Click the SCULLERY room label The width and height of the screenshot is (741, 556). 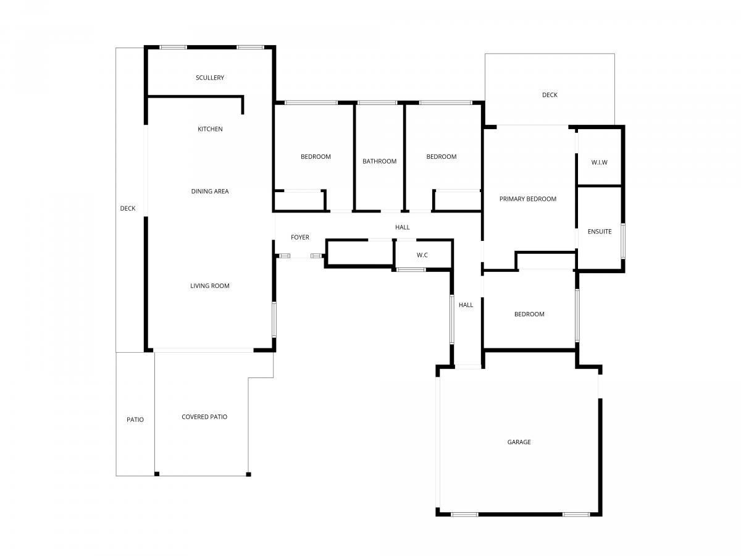click(209, 78)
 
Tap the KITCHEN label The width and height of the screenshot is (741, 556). click(210, 129)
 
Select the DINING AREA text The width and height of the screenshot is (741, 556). click(210, 192)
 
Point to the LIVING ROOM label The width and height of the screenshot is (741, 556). click(209, 286)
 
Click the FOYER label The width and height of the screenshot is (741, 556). click(299, 237)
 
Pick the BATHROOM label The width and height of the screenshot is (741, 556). click(379, 161)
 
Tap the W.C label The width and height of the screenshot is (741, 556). click(422, 255)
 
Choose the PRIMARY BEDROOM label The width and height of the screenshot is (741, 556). click(527, 199)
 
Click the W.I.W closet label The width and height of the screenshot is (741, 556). click(599, 162)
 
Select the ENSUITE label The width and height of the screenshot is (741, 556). click(599, 232)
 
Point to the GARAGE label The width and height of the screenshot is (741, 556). click(519, 442)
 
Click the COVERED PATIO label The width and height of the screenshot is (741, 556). click(204, 417)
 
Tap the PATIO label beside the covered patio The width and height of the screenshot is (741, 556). click(135, 419)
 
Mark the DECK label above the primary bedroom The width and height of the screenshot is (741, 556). click(550, 95)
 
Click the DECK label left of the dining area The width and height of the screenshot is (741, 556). click(128, 209)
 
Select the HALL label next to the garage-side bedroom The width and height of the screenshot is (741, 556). click(466, 305)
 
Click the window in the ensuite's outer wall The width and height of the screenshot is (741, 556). click(623, 241)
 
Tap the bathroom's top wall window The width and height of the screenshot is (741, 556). click(377, 103)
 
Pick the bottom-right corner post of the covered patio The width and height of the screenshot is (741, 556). click(248, 474)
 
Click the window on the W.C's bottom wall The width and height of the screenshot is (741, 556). click(411, 269)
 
